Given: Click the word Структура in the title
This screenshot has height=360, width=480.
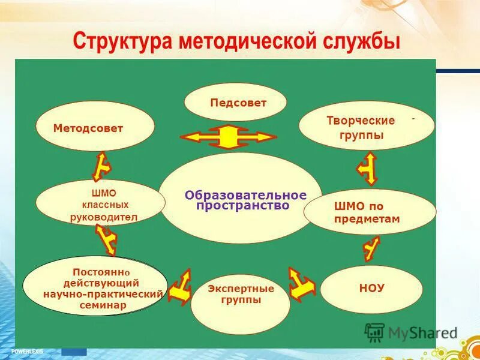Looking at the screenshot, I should (x=124, y=42).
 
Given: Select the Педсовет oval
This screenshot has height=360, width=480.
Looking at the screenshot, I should (x=235, y=102).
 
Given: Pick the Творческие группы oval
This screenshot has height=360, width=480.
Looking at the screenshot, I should (x=366, y=125).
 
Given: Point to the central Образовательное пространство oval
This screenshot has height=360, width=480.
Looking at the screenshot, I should (x=241, y=198).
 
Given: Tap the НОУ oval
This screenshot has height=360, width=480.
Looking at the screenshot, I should (x=371, y=289).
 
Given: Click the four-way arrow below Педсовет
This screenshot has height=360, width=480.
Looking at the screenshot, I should (x=227, y=137).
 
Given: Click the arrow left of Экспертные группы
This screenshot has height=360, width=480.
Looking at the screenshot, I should (x=180, y=286).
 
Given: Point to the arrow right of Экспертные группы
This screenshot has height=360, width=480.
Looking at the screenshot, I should (x=301, y=282).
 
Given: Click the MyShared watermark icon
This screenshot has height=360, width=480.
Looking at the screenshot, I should (x=374, y=332).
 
